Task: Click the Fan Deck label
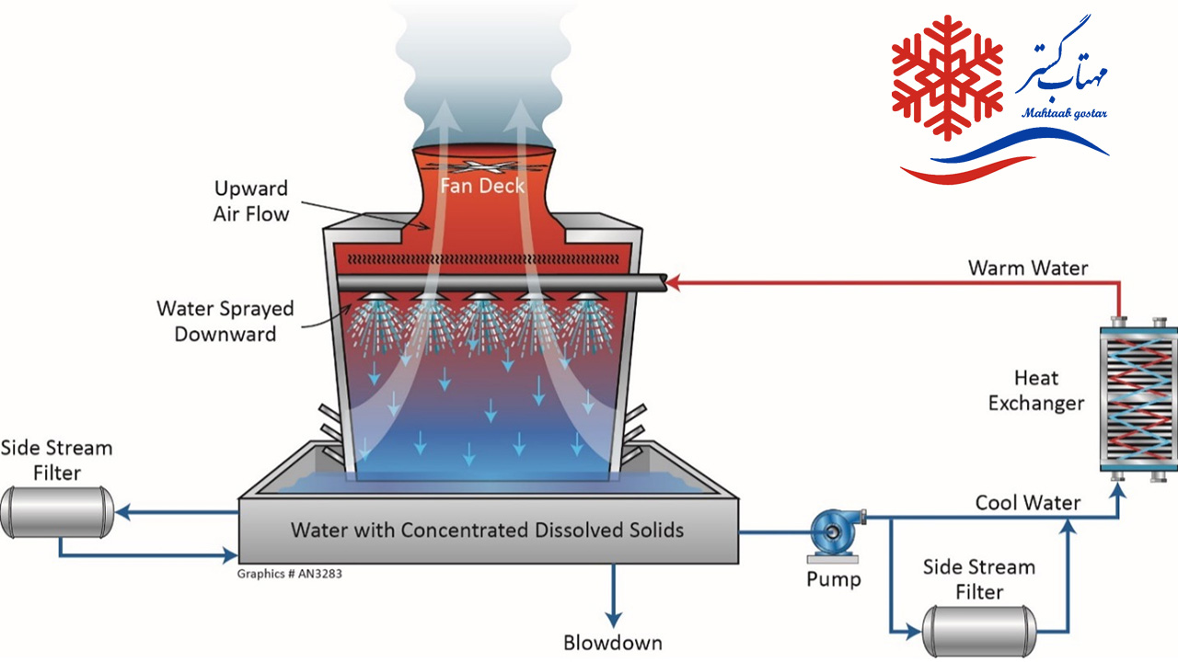coord(482,186)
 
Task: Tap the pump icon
coord(833,532)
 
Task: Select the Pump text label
coord(834,579)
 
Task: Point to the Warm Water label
coord(1027,268)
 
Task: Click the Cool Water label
coord(1028,503)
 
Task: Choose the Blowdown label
coord(612,642)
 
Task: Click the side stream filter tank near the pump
coord(978,631)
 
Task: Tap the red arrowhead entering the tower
coord(672,284)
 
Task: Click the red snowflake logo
coord(947,78)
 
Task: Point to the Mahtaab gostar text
coord(1064,113)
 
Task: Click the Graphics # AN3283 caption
coord(291,574)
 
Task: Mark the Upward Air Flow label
coord(251,201)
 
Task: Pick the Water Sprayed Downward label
coord(225,321)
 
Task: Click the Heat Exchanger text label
coord(1036,390)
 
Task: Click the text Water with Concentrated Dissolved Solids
coord(487,530)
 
